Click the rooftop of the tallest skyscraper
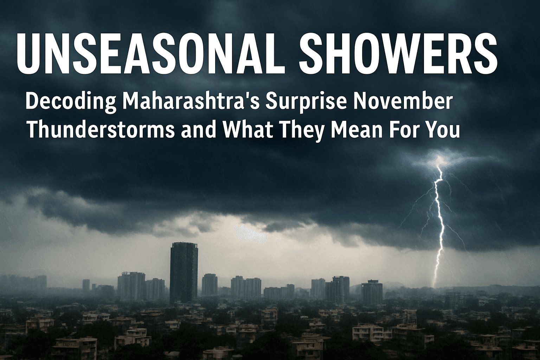(184, 244)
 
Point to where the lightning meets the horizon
(434, 285)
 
